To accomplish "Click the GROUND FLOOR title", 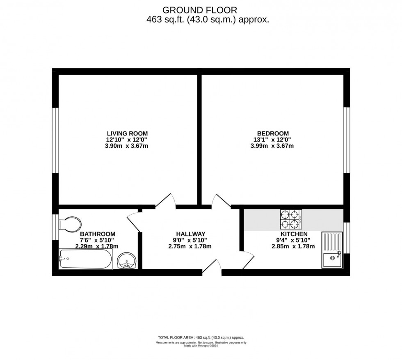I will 200,9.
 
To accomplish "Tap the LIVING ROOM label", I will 127,133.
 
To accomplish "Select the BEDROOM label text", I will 273,133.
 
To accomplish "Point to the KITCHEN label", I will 294,234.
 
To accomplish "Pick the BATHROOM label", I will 95,234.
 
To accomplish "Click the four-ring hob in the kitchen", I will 291,219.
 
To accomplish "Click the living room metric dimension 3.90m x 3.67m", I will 127,146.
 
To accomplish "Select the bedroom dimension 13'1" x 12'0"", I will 273,140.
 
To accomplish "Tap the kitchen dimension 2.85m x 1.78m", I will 294,246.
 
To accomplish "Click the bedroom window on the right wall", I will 347,140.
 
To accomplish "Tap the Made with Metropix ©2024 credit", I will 201,345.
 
